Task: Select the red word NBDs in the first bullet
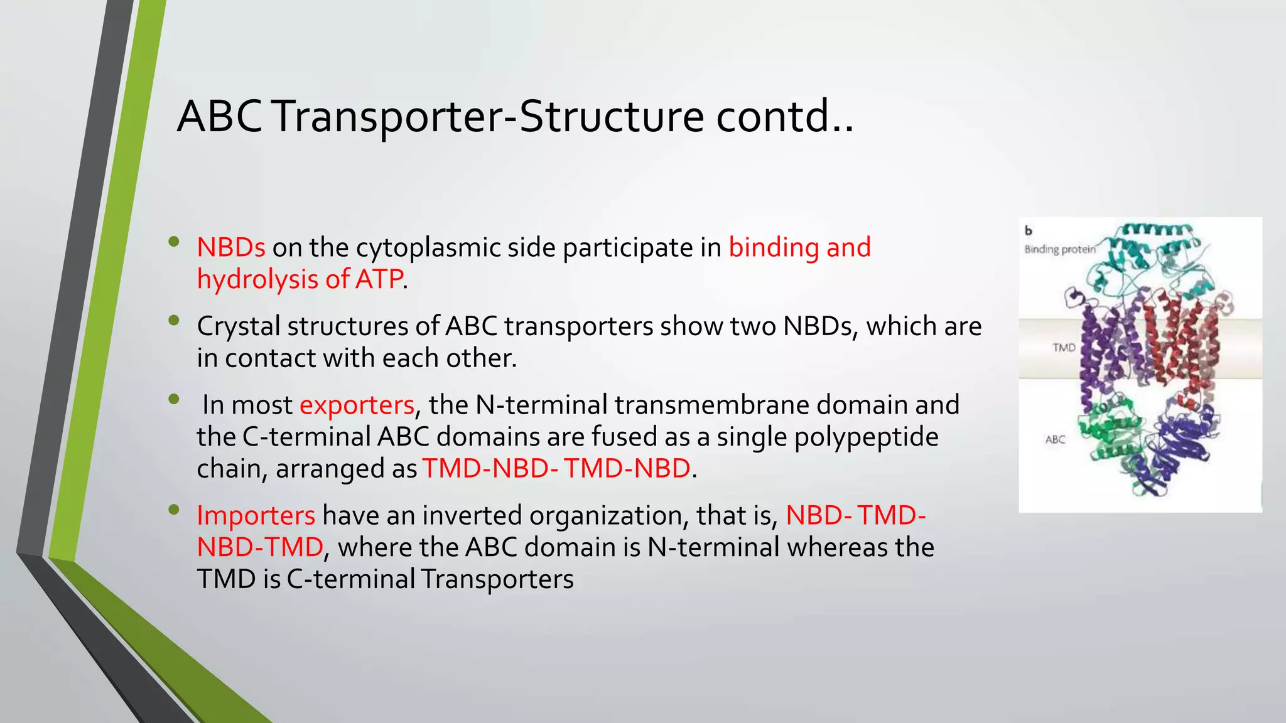231,247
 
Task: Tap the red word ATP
379,279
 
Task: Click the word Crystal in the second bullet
238,326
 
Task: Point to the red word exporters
357,405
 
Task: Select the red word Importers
256,515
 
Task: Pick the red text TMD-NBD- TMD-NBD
556,469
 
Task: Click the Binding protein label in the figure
1060,249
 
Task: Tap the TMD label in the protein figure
1064,347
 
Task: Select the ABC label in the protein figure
1055,439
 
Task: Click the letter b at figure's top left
1029,231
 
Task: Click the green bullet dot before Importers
174,510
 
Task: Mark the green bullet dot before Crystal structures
174,321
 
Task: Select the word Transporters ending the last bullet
497,579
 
